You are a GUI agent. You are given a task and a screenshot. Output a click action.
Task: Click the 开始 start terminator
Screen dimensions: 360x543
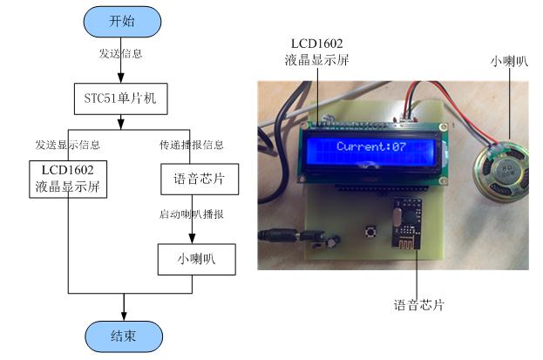[122, 23]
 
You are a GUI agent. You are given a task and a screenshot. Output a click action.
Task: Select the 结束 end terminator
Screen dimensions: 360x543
[122, 336]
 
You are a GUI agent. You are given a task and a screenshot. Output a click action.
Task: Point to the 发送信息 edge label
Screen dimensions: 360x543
[121, 54]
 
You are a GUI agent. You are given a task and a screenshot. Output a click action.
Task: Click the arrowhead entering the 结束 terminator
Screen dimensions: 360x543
[122, 316]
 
